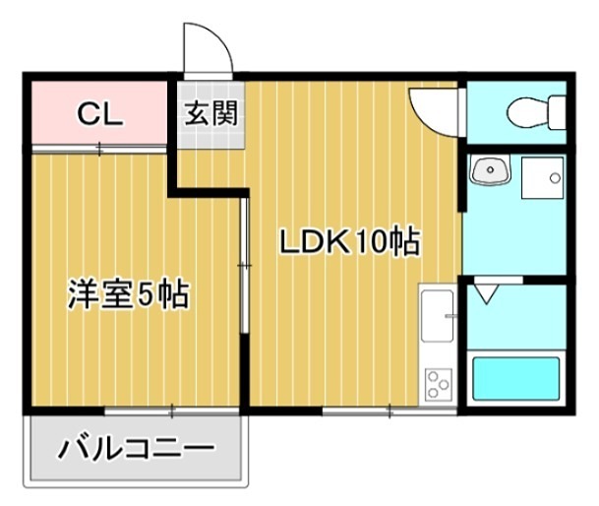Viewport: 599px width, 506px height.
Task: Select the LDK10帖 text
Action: [x=348, y=241]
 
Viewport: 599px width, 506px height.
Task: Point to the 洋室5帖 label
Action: [x=128, y=294]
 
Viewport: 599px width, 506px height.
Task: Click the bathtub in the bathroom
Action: [x=515, y=379]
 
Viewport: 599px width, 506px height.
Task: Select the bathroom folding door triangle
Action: [x=487, y=293]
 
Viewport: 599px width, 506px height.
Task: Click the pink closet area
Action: [x=98, y=114]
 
